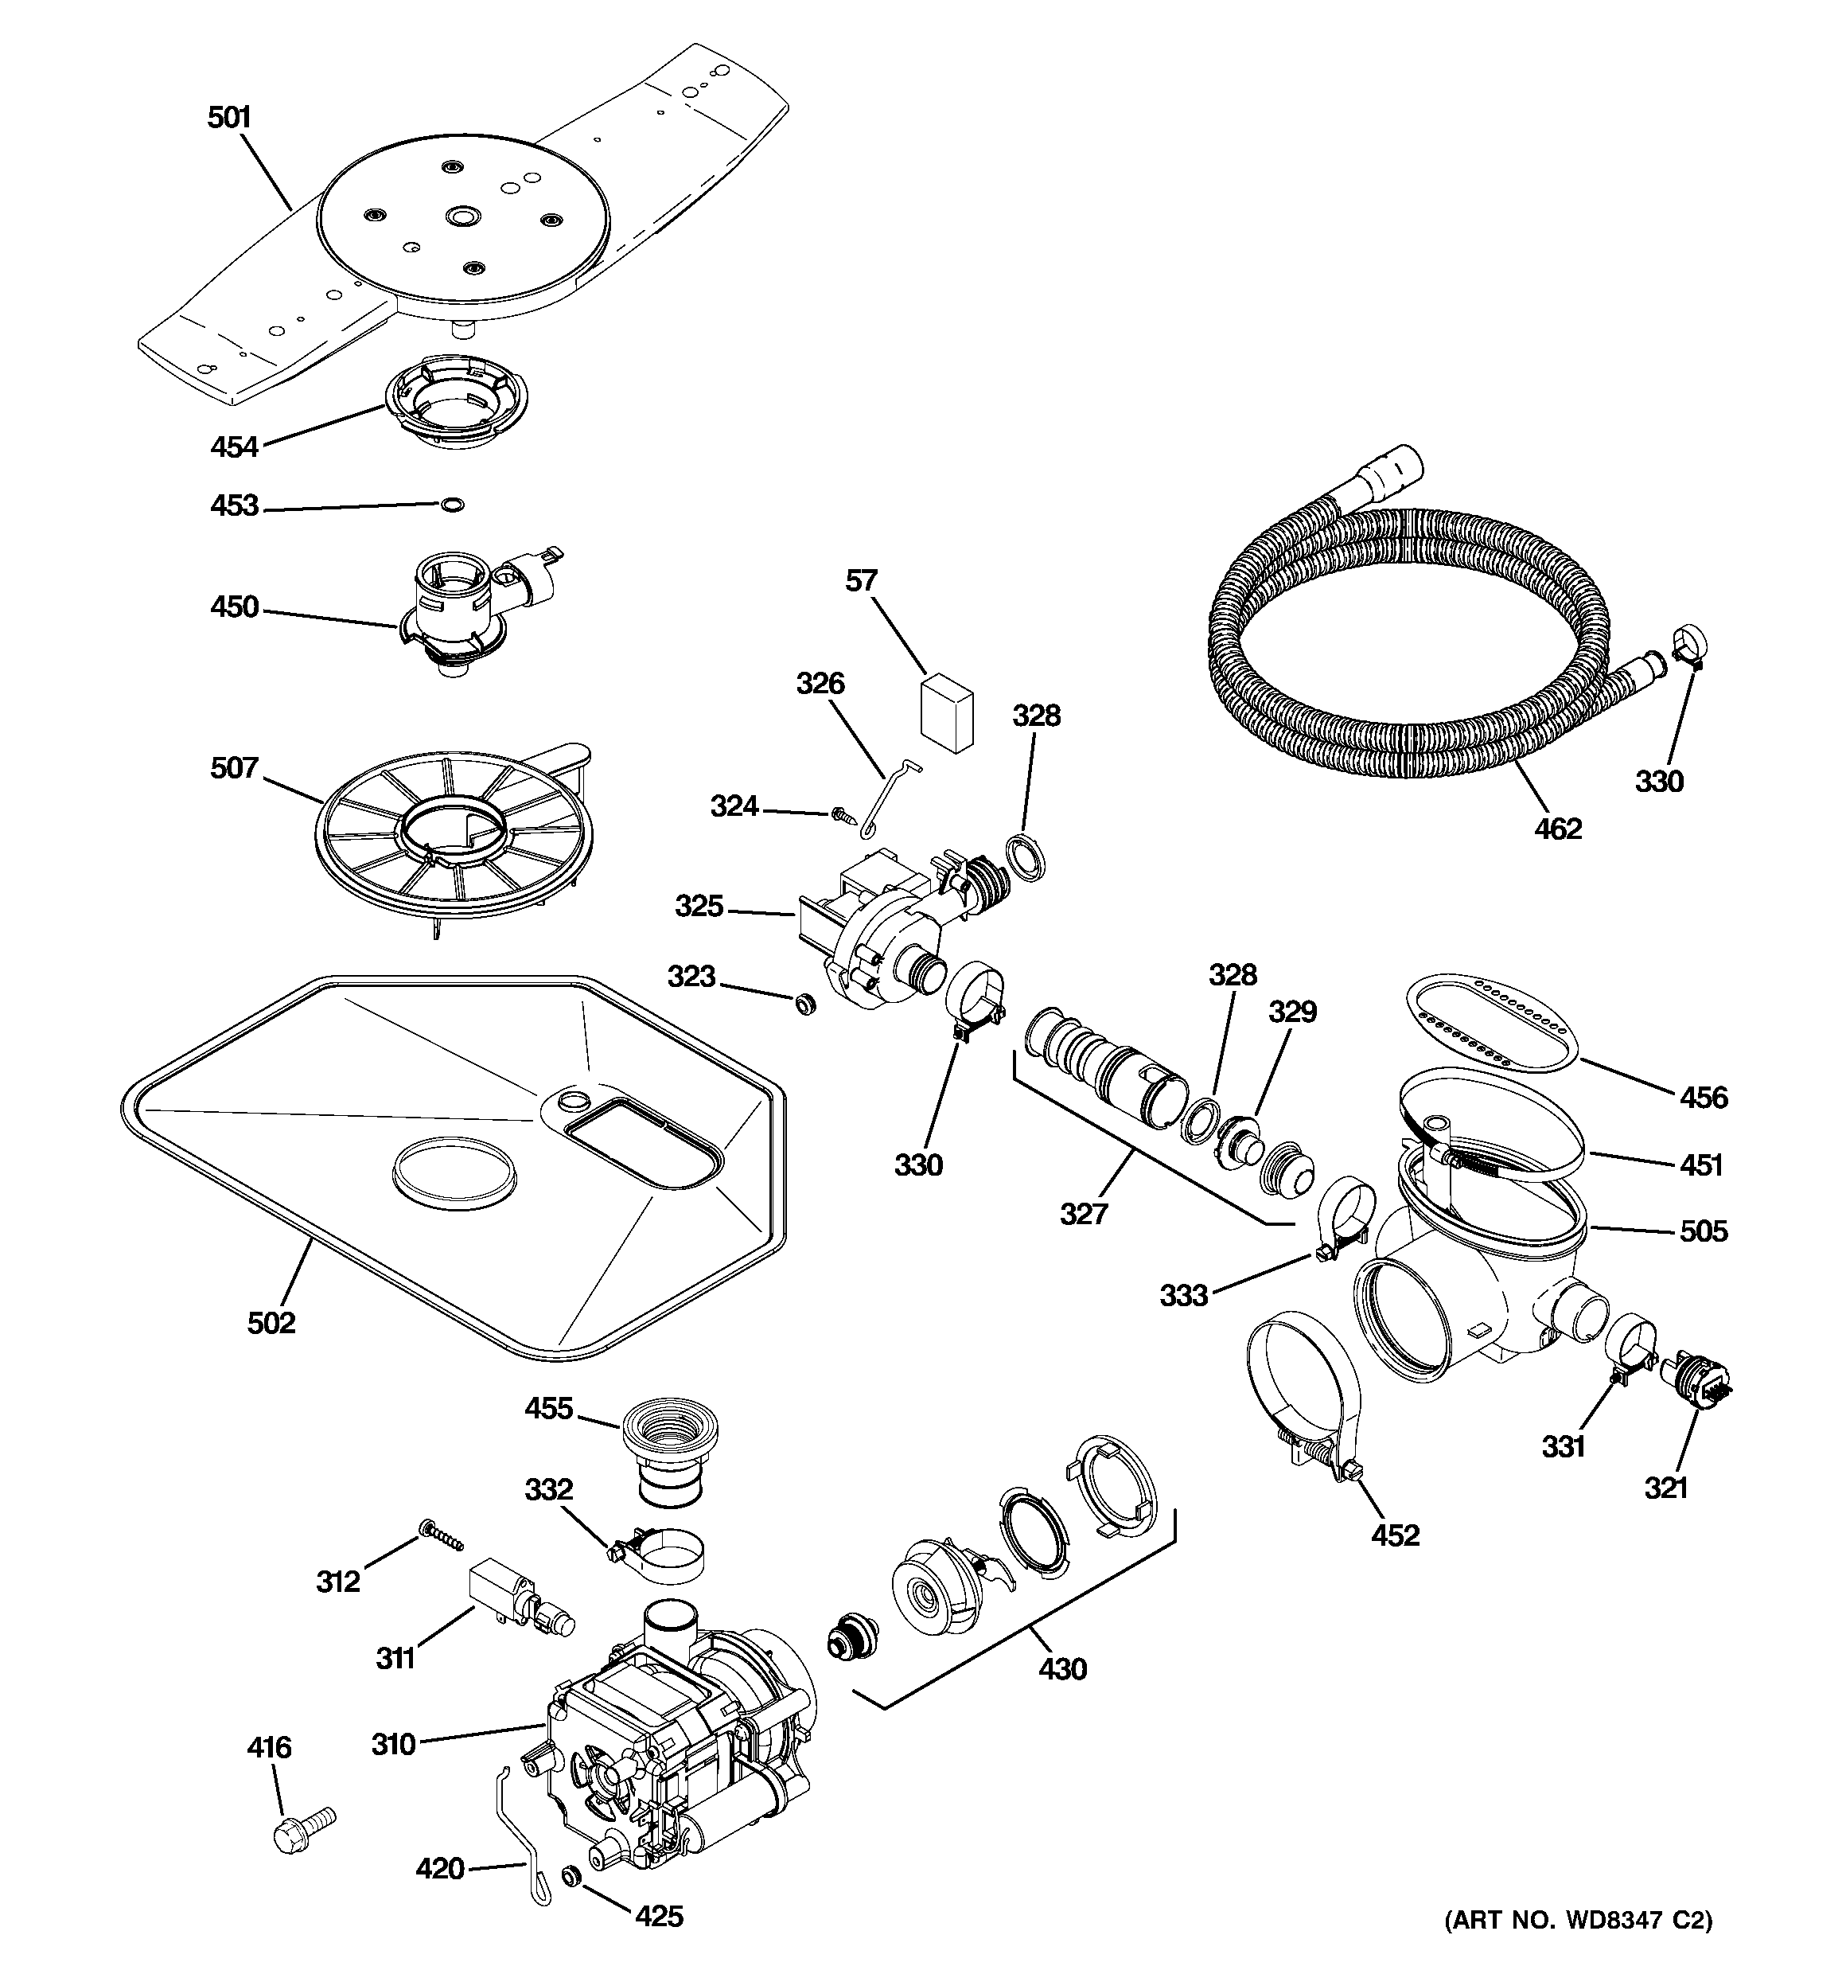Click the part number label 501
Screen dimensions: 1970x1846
[x=229, y=118]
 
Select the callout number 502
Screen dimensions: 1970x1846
[x=271, y=1323]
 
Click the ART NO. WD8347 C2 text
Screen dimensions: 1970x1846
[x=1578, y=1920]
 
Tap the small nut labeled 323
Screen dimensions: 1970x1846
[x=804, y=1005]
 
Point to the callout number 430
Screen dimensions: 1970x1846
[x=1062, y=1670]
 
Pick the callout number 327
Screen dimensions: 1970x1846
[x=1083, y=1214]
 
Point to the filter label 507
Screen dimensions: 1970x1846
[x=235, y=768]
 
